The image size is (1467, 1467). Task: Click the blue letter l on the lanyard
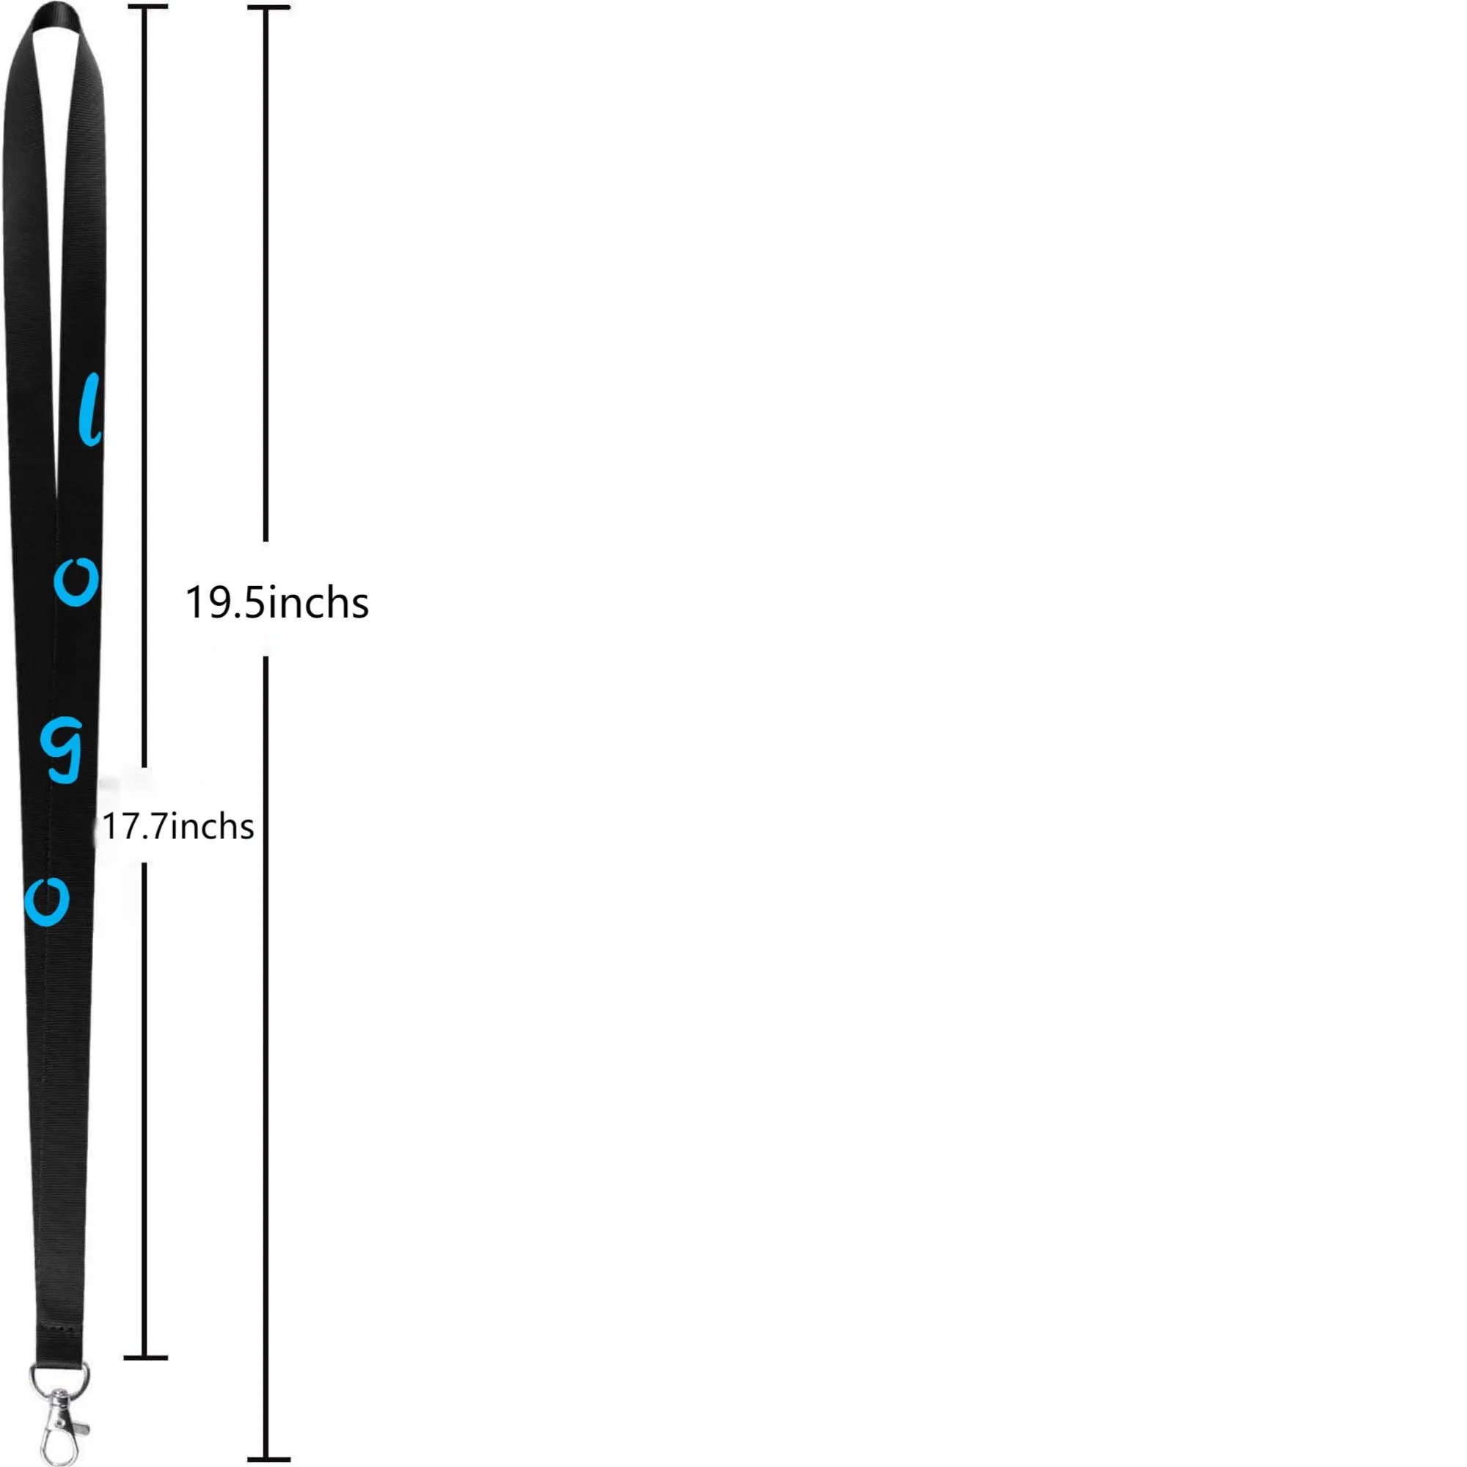click(x=90, y=409)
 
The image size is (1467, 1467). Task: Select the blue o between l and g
click(x=76, y=582)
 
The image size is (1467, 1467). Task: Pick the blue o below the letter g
click(x=47, y=902)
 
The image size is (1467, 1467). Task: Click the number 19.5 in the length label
click(x=224, y=604)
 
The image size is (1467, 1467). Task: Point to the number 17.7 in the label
click(x=135, y=827)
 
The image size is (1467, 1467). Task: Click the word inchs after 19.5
click(x=318, y=603)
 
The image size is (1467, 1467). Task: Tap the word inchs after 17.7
click(x=212, y=826)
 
